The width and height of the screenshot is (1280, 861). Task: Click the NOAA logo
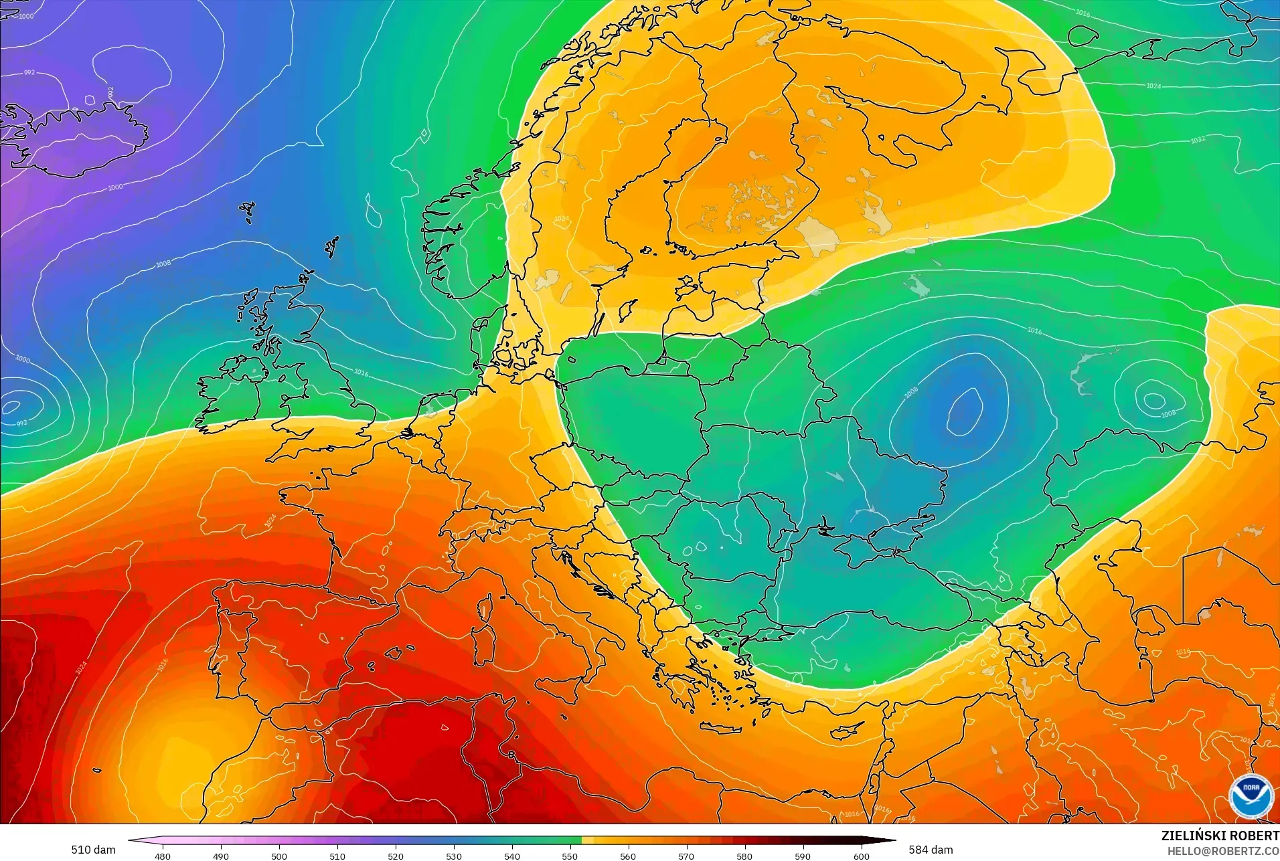[1251, 796]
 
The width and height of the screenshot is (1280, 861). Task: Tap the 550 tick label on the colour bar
[570, 856]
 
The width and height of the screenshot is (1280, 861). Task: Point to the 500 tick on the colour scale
[279, 856]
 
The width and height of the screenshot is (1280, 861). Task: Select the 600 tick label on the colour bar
[861, 856]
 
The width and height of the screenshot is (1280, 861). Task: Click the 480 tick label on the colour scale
[163, 856]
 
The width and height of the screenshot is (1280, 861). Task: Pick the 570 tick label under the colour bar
[686, 856]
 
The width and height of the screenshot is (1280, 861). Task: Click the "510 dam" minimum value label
[93, 850]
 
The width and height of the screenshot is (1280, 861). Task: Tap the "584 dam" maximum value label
[931, 850]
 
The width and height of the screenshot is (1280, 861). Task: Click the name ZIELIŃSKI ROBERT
[1220, 836]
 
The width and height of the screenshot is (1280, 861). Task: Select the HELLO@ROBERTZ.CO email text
[1223, 851]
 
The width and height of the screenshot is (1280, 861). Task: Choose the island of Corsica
[483, 606]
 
